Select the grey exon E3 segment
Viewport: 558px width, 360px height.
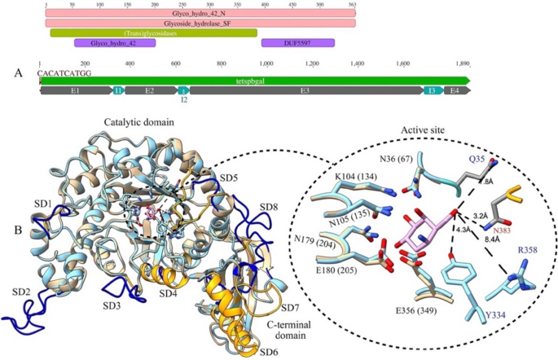[x=304, y=91]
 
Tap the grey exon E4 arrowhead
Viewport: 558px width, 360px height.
[x=456, y=91]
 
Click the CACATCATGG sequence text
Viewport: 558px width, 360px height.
[x=58, y=72]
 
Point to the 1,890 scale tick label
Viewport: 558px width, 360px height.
[x=463, y=64]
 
